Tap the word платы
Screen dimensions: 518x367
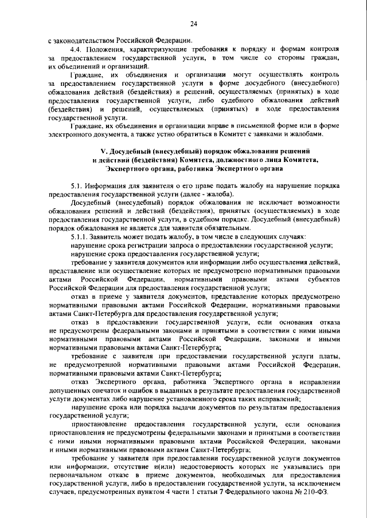pyautogui.click(x=331, y=356)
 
